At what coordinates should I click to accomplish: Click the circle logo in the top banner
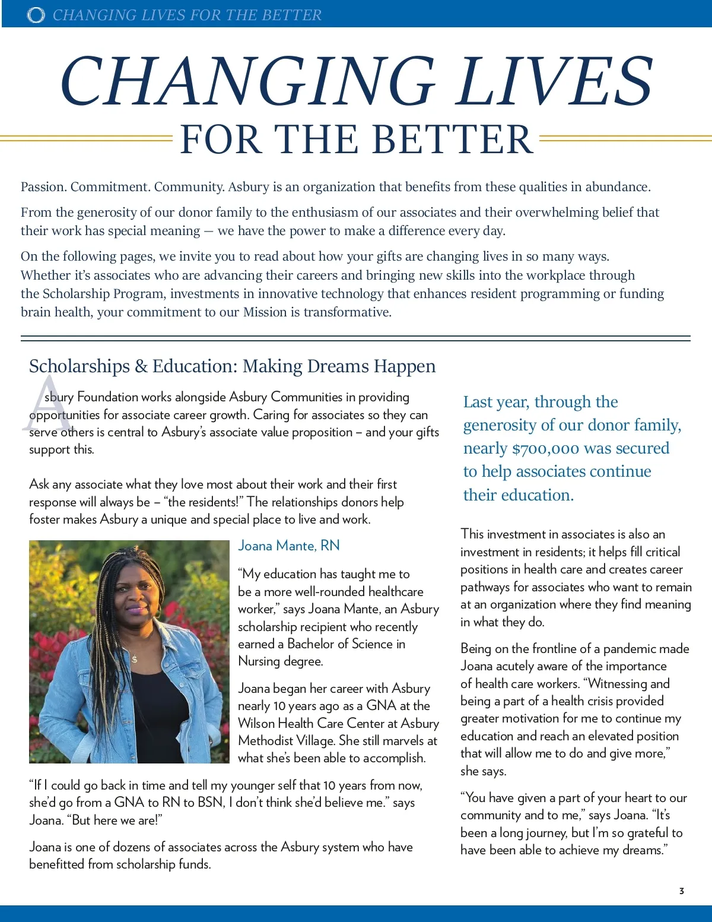coord(36,15)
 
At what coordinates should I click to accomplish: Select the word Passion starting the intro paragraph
coord(43,187)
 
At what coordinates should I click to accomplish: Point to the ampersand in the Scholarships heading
coord(141,366)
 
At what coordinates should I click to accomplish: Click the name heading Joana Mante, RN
coord(289,546)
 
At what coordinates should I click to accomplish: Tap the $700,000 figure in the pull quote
coord(545,449)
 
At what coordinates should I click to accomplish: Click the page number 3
coord(682,891)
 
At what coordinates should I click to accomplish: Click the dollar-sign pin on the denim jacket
coord(135,659)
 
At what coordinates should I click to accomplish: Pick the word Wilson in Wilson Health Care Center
coord(256,723)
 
